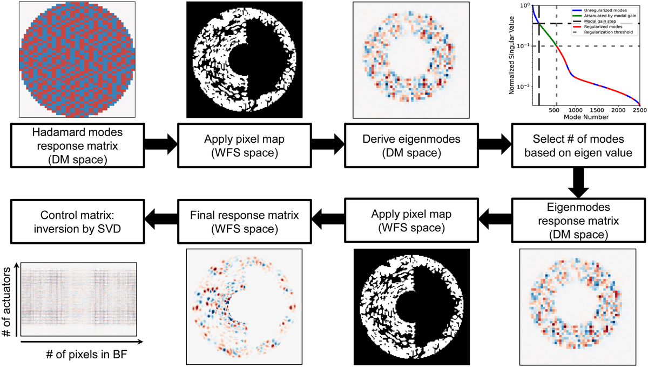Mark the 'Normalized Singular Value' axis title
(x=511, y=54)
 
